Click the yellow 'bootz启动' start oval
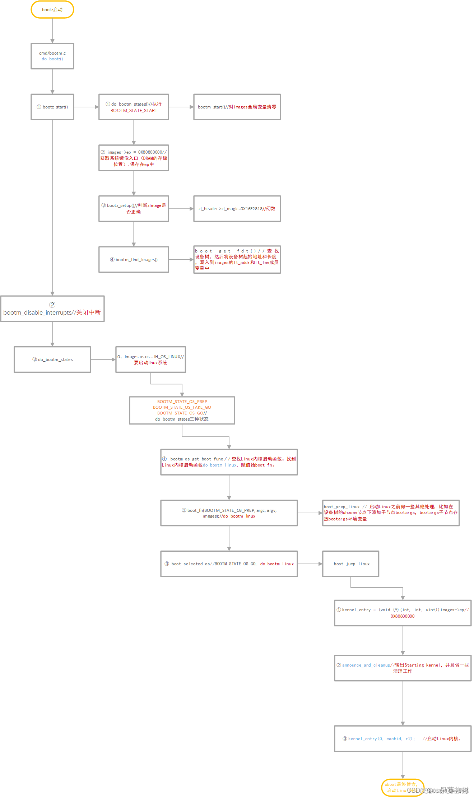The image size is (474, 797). [52, 10]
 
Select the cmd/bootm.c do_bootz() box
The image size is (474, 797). [52, 56]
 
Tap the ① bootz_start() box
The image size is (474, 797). [52, 107]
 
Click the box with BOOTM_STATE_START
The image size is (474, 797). [134, 107]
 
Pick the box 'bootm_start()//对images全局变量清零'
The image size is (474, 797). [237, 107]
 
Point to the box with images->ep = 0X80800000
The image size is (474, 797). [134, 158]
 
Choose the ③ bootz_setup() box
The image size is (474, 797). [134, 209]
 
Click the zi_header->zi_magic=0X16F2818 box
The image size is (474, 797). [237, 209]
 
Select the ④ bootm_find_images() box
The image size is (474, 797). [134, 260]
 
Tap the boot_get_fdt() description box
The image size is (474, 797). [237, 260]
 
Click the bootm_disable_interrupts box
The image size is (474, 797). [52, 309]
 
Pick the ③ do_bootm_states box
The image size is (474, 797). [52, 360]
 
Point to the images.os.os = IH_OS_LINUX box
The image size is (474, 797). [150, 360]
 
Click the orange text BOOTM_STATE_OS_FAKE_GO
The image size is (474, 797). [182, 407]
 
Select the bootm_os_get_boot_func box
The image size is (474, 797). [229, 462]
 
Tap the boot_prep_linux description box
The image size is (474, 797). [391, 513]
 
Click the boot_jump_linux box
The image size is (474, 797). [351, 564]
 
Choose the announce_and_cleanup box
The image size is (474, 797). [403, 668]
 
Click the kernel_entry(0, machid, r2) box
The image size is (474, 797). [403, 739]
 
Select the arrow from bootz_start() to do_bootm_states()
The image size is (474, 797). [86, 107]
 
